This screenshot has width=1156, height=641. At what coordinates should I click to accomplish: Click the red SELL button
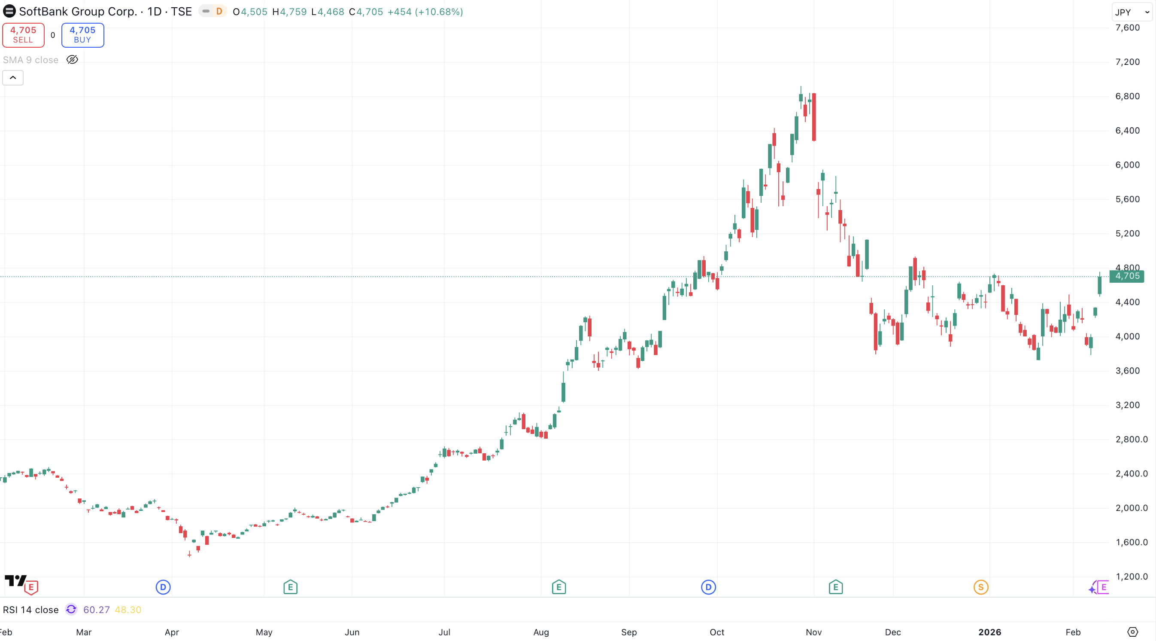tap(23, 35)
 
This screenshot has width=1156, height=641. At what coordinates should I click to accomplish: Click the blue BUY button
tap(82, 35)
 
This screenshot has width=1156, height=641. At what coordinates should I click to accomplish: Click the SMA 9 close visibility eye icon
tap(72, 60)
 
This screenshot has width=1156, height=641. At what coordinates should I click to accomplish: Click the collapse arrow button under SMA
tap(13, 78)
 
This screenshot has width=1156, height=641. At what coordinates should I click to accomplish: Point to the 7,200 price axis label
tap(1127, 62)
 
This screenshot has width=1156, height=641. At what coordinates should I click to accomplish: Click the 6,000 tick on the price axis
tap(1127, 165)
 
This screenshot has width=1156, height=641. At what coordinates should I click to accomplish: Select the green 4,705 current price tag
tap(1127, 276)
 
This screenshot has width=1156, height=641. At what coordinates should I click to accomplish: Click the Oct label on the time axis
tap(717, 632)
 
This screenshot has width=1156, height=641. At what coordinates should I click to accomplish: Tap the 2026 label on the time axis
tap(989, 632)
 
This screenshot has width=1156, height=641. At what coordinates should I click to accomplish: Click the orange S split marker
tap(980, 587)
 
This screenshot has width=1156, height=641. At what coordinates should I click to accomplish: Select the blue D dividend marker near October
tap(708, 587)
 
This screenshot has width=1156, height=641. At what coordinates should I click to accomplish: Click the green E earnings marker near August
tap(559, 587)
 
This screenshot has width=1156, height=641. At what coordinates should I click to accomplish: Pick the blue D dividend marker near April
tap(163, 587)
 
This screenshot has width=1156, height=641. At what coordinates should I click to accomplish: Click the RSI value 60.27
tap(97, 610)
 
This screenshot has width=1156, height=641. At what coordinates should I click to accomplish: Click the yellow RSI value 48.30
tap(128, 610)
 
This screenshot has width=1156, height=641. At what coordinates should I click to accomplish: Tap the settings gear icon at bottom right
tap(1132, 632)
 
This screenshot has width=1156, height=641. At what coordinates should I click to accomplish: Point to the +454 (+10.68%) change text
tap(425, 12)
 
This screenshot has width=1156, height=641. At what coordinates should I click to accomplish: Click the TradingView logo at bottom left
tap(15, 580)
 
